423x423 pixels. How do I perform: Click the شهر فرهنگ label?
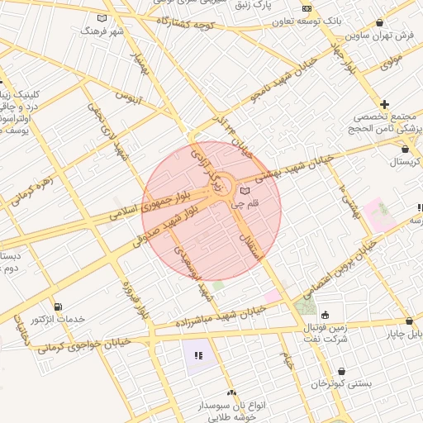point(102,31)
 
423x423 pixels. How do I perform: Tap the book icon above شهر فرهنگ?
point(102,17)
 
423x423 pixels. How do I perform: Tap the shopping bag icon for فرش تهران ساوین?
point(379,22)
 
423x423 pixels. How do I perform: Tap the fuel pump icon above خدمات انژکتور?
point(56,307)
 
